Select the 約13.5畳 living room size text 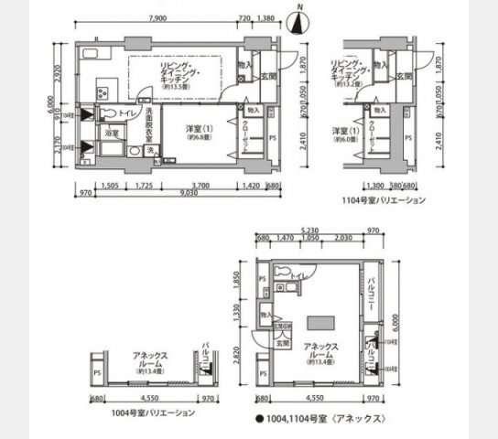(x=176, y=88)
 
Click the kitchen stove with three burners (x=102, y=91)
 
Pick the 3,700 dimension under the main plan (x=201, y=183)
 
